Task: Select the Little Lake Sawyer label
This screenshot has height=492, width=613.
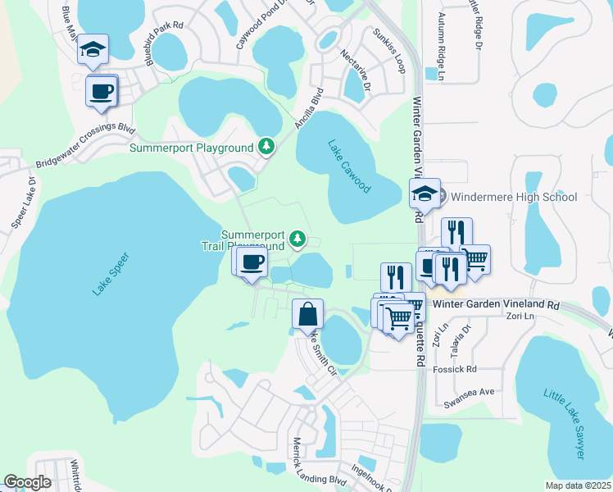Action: (565, 423)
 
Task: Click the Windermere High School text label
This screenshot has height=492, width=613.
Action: (514, 197)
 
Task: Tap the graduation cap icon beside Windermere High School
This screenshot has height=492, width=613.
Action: (425, 194)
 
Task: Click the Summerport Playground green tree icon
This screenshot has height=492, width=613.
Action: (266, 147)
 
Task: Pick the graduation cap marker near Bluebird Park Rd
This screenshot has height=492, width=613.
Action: (93, 49)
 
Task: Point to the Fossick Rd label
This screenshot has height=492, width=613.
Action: (460, 370)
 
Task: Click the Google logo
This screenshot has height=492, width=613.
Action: (27, 482)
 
